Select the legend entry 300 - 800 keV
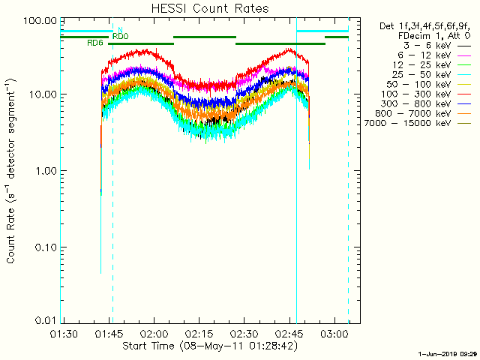click(x=420, y=103)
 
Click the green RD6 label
click(x=95, y=43)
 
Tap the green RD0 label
click(x=120, y=36)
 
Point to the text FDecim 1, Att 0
click(x=433, y=35)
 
